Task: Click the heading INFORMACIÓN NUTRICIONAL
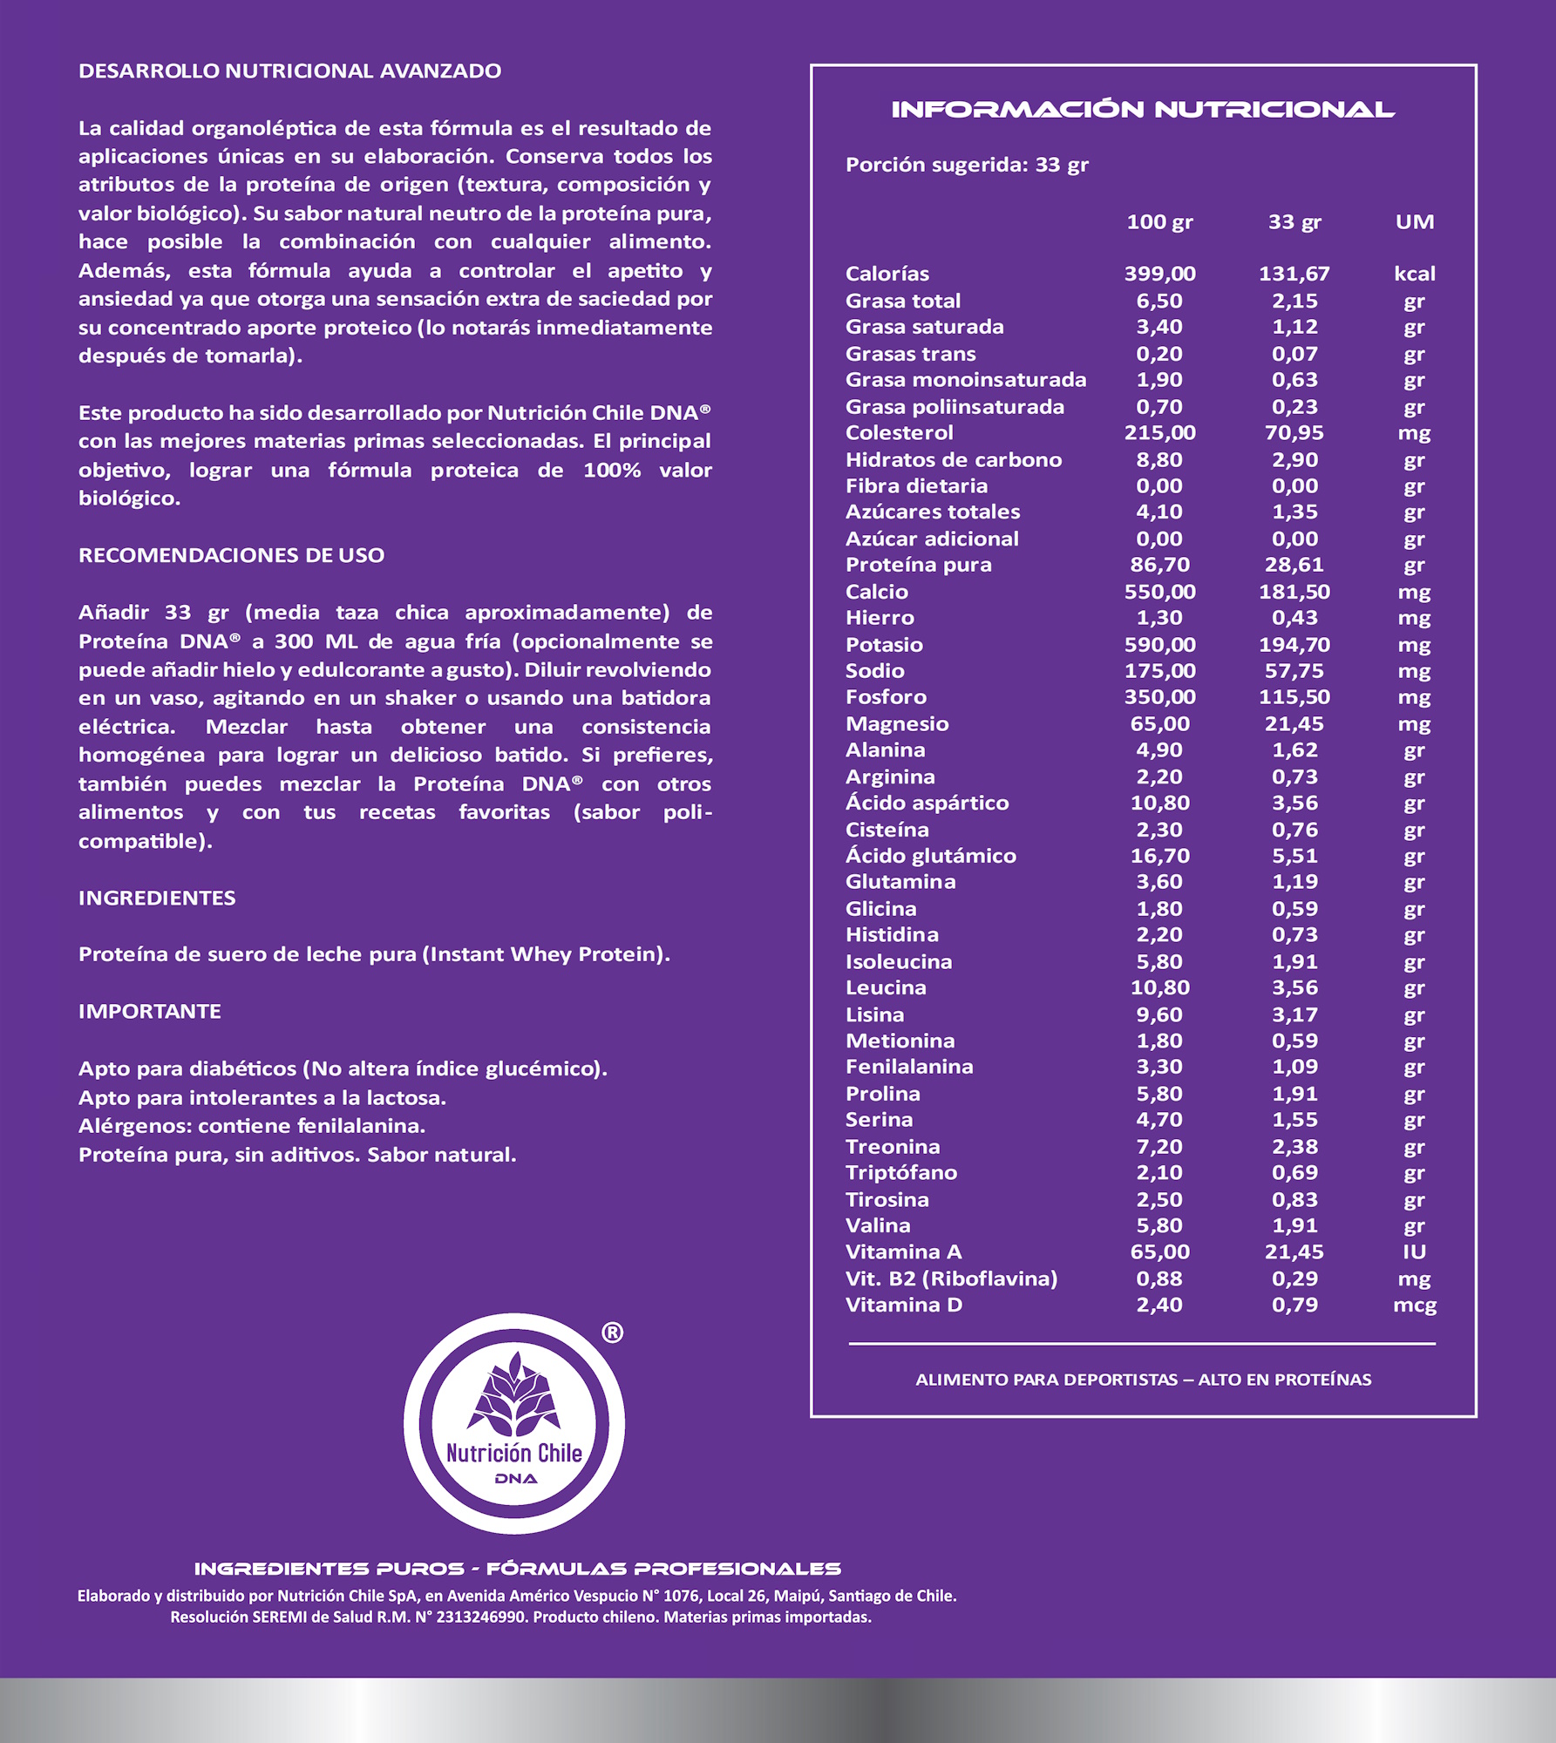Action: coord(1142,110)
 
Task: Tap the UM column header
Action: coord(1414,222)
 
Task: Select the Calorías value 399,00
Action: coord(1159,274)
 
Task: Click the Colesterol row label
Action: coord(899,433)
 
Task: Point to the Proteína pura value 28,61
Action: coord(1294,565)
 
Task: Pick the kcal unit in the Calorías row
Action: coord(1414,274)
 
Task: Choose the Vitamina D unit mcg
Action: coord(1414,1306)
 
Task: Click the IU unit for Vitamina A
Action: coord(1414,1252)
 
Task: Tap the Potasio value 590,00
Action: coord(1159,645)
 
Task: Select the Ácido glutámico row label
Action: coord(930,856)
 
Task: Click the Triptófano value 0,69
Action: coord(1294,1173)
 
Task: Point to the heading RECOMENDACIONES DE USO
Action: coord(231,555)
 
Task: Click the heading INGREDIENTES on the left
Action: coord(157,898)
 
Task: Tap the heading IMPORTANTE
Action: coord(150,1011)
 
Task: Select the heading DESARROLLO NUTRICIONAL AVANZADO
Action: coord(289,71)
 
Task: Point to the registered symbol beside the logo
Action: coord(613,1333)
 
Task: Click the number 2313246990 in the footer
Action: coord(482,1618)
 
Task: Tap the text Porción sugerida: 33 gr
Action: coord(967,165)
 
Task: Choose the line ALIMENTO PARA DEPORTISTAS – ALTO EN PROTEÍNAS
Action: coord(1143,1380)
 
